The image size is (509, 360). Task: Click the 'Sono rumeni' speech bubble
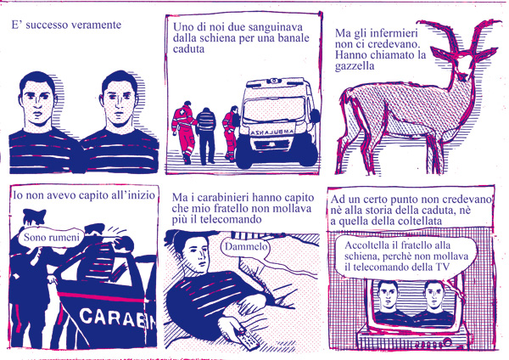click(x=51, y=238)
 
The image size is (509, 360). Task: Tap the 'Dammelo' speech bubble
click(x=246, y=246)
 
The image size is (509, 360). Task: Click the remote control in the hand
click(x=249, y=340)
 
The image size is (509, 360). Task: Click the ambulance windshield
click(x=274, y=110)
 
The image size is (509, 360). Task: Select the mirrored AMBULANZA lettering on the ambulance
click(x=273, y=132)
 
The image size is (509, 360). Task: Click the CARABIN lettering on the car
click(x=118, y=318)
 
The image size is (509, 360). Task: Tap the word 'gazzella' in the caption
click(x=355, y=66)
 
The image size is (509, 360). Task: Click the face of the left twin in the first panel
click(x=37, y=101)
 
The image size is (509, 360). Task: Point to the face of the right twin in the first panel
click(x=120, y=101)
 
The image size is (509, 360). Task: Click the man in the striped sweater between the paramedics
click(x=206, y=136)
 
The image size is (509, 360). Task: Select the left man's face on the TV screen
click(x=389, y=295)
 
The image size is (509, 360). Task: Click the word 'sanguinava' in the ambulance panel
click(x=275, y=27)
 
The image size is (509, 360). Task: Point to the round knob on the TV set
click(x=448, y=342)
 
